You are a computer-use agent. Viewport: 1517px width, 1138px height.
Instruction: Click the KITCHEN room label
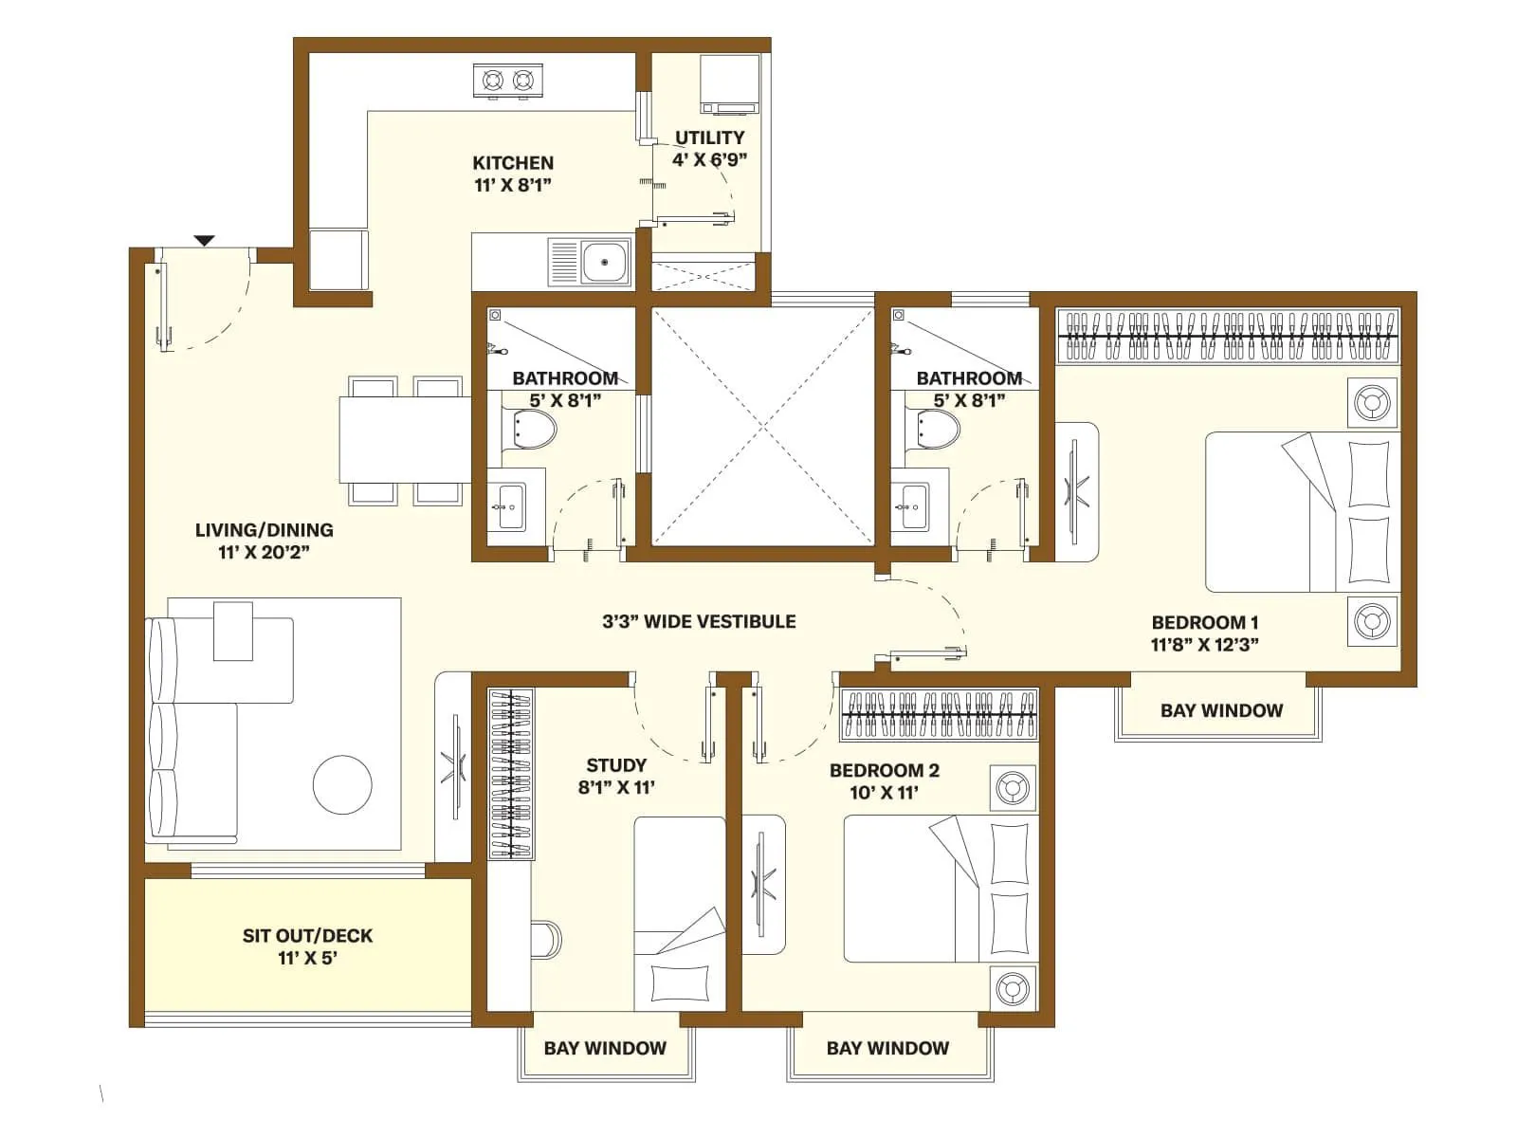click(513, 163)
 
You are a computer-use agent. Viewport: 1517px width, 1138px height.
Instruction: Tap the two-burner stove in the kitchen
click(507, 81)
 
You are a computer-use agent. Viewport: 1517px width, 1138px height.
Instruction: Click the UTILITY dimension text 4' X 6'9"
click(709, 160)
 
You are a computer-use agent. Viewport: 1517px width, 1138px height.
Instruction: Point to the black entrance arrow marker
click(205, 241)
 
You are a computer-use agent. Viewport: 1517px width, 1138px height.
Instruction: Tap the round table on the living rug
click(342, 784)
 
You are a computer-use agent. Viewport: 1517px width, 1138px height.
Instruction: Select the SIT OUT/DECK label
click(307, 936)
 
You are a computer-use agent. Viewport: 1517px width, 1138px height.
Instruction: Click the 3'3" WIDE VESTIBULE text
click(699, 622)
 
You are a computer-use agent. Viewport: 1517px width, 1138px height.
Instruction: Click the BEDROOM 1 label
click(1204, 623)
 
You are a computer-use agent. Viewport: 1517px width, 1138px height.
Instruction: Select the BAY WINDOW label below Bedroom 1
click(1221, 710)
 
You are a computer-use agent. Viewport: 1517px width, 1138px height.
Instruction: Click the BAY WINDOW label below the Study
click(605, 1048)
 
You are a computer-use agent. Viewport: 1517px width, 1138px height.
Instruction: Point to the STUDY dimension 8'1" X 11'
click(616, 787)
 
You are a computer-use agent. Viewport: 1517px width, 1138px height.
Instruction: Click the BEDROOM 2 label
click(884, 771)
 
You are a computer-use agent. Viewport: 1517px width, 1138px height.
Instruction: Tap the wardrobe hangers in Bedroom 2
click(939, 714)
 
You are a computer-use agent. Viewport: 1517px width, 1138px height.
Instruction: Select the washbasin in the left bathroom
click(511, 506)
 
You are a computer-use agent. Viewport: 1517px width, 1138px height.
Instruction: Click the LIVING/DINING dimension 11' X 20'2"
click(264, 552)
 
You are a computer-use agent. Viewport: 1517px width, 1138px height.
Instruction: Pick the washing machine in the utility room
click(728, 83)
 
